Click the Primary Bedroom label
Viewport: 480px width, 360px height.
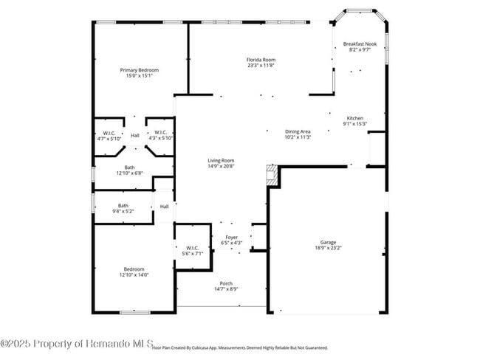pos(140,70)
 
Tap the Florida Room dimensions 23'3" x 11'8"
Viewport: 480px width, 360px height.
pos(261,65)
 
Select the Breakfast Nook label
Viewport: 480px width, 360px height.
pos(360,44)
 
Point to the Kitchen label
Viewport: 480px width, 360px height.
pos(355,118)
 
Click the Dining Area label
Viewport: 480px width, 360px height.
pos(298,131)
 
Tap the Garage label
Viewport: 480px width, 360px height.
pos(328,242)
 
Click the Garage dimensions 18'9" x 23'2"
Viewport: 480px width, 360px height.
pos(328,249)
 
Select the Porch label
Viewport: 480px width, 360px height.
pos(226,283)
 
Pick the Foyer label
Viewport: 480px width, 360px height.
pos(232,237)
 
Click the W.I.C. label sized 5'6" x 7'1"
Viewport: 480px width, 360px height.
pos(191,248)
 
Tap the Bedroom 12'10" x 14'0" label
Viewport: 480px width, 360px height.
pos(133,269)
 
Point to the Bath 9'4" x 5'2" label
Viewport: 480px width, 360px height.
pos(123,206)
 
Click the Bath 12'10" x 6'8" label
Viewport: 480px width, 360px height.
pos(129,167)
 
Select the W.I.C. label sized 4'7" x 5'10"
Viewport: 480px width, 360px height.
pos(109,133)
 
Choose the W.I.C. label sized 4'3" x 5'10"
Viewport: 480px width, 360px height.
pos(160,133)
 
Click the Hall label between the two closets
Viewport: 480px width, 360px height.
pos(134,136)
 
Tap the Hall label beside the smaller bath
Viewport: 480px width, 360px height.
pos(164,207)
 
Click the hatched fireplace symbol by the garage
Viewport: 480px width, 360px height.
pos(272,176)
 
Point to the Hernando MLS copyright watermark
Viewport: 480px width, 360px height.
pos(78,344)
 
